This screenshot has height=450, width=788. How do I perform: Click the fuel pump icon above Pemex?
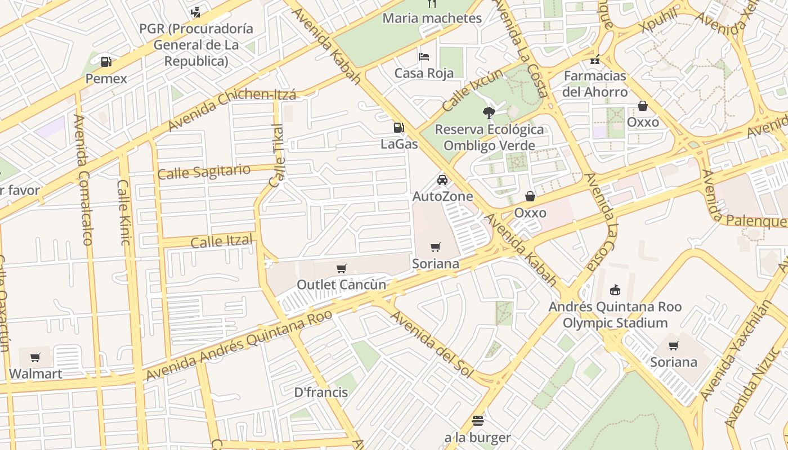coord(106,62)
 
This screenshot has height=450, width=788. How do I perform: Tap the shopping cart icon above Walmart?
coord(35,357)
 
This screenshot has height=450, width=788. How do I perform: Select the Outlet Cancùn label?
coord(341,285)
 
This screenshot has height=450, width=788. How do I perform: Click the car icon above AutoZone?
coord(442,180)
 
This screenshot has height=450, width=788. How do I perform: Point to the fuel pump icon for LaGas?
coord(399,128)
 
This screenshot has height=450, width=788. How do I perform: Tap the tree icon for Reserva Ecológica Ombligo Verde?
coord(489,112)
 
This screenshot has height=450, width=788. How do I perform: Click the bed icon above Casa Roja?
coord(424,56)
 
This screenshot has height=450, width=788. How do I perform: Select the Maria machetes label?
coord(432,18)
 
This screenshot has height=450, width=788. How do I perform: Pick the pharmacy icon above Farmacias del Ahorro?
coord(595,60)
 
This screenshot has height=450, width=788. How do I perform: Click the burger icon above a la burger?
coord(478,421)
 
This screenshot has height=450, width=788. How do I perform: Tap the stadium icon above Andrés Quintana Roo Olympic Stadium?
coord(615,290)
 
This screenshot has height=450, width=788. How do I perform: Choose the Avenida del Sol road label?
coord(432,343)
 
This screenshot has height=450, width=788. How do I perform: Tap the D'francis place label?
coord(321,392)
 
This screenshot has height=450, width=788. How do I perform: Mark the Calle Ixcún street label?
coord(472,90)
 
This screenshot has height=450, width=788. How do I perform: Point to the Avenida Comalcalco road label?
coord(82,180)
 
